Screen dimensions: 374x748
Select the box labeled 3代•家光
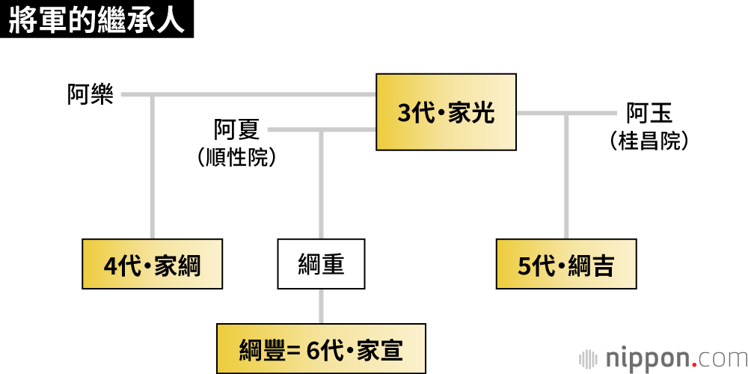click(446, 112)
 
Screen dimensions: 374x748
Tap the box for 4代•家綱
click(152, 264)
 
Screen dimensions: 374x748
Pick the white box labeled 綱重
click(321, 264)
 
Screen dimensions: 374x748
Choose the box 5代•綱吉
click(566, 264)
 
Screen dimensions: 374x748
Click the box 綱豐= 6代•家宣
click(321, 349)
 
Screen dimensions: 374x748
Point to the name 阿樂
click(91, 95)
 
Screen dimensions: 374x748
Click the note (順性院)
click(236, 157)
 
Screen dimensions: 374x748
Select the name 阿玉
click(649, 114)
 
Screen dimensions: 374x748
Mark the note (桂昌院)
click(649, 141)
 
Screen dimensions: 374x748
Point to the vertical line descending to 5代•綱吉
click(566, 176)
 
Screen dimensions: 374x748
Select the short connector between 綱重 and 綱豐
click(321, 306)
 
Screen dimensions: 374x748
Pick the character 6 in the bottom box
click(313, 349)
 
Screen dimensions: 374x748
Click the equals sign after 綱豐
click(295, 349)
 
